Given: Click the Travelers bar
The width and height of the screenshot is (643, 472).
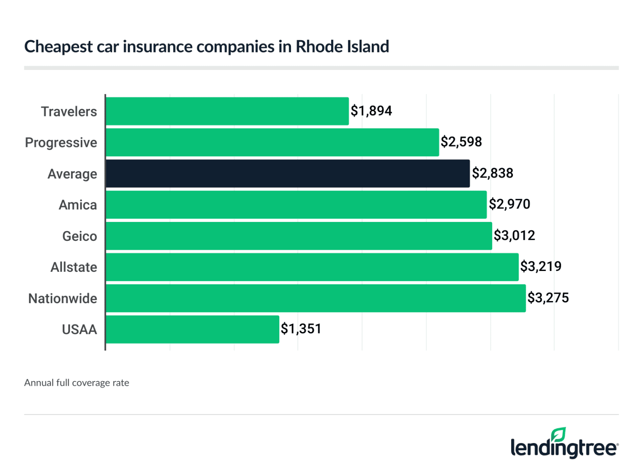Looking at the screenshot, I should coord(227,111).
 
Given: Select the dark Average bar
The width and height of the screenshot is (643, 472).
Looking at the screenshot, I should coord(288,173).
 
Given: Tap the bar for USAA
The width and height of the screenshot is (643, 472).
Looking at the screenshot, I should coord(192,329).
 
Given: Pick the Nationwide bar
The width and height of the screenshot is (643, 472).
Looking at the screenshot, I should coord(316,298).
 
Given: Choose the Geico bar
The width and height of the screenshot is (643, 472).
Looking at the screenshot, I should coord(299,236).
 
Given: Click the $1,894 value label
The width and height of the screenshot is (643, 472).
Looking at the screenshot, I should coord(371,111).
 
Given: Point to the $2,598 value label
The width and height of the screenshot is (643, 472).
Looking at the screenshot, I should coord(461,142).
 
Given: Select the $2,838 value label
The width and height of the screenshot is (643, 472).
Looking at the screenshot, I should coord(492,173).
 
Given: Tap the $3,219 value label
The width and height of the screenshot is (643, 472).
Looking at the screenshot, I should coord(540,266).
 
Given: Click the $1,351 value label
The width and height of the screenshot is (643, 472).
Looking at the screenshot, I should coord(301,329).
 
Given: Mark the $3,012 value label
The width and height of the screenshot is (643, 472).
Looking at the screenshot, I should coord(514,235).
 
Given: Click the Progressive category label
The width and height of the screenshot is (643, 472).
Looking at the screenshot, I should coord(61,143).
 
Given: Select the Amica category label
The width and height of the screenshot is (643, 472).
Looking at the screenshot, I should coord(78,205).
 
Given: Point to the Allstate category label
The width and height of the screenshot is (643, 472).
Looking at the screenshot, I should coord(74,267).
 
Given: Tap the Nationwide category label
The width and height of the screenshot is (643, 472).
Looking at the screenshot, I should coord(63,299).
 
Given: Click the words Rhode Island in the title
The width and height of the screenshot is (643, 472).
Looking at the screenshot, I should coord(342,46).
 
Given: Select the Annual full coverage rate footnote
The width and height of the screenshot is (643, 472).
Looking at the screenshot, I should coord(77,383).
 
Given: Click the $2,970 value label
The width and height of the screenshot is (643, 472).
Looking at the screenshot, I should coord(509,204).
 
